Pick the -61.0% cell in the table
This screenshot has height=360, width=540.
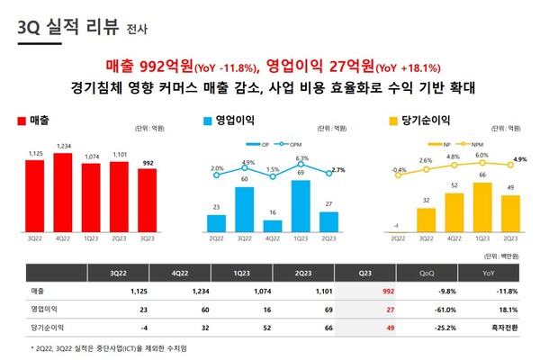[421, 308]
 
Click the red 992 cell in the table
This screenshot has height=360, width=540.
[363, 291]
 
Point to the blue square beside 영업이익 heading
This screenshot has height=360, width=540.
[208, 120]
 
